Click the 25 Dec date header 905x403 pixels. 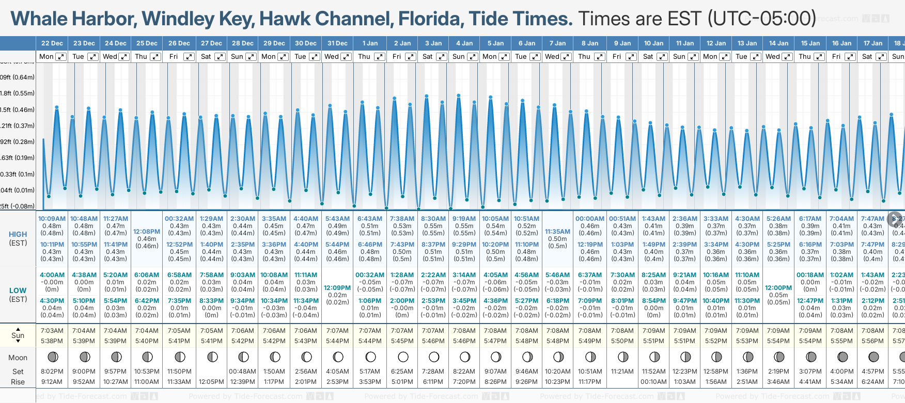pos(147,43)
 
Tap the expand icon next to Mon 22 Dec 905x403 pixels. pos(61,57)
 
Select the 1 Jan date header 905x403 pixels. pos(370,43)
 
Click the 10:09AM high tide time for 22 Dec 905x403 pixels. pos(52,219)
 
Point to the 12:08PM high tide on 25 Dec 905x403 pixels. pos(147,232)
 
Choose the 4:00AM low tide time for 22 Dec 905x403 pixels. pos(52,275)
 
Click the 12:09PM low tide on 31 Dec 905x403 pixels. pos(337,288)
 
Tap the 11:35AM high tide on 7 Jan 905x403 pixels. pos(557,232)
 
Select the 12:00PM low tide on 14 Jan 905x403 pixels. pos(778,288)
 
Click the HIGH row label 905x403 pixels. pos(18,234)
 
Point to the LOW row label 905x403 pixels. pos(18,291)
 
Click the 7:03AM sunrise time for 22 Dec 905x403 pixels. pos(52,331)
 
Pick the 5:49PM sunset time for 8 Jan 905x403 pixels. pos(590,341)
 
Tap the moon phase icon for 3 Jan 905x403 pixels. pos(434,357)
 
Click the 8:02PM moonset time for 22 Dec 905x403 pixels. pos(52,372)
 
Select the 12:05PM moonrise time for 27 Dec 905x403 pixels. pos(212,382)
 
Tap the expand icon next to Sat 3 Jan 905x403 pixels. pos(442,57)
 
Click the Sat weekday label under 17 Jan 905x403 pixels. pos(867,57)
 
